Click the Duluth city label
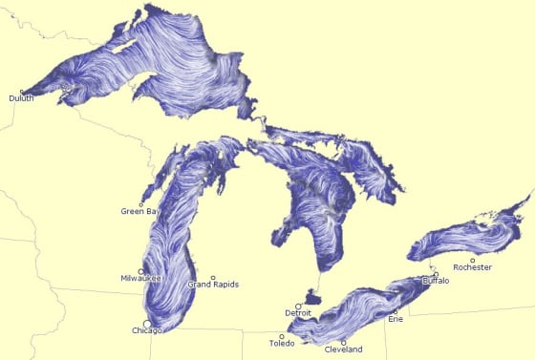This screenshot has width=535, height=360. tap(20, 98)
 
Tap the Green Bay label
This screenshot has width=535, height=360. tap(138, 211)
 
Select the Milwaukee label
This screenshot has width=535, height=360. tap(141, 278)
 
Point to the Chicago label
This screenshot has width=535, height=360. tap(147, 330)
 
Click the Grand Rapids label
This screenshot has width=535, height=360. tap(213, 285)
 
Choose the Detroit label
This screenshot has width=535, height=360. tap(298, 313)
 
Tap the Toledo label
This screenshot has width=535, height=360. tap(282, 343)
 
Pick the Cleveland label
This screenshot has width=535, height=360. tap(344, 349)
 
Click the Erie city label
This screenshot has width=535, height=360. tap(396, 319)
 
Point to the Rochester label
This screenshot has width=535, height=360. tap(472, 267)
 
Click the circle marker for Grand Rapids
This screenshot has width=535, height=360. tap(213, 277)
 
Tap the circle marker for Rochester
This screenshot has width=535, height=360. tap(472, 260)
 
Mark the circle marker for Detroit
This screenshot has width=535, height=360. tap(298, 306)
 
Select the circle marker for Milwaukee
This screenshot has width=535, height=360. tap(141, 271)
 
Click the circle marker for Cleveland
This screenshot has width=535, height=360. tap(343, 342)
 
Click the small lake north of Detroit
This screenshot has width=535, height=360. tap(311, 297)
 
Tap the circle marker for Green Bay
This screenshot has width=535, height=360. tap(141, 204)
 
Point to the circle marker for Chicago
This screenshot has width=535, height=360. tap(146, 323)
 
